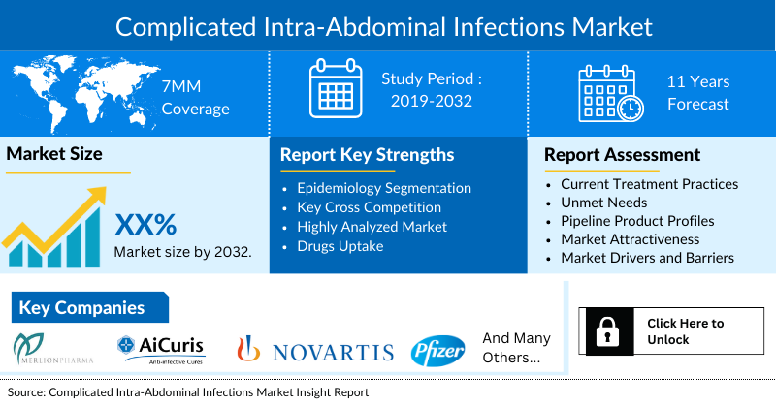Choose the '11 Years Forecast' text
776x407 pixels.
point(697,93)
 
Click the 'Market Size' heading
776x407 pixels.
point(54,154)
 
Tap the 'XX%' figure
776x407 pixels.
point(146,225)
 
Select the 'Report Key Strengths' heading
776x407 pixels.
point(367,155)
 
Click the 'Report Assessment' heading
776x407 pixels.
point(622,155)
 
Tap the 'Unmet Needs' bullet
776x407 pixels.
point(604,203)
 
